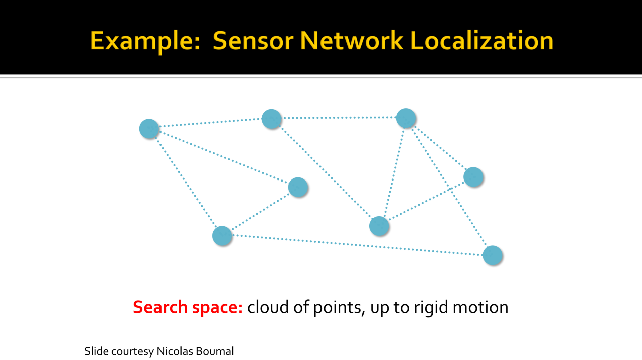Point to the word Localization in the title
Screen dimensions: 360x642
482,40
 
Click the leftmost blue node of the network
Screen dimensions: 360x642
149,129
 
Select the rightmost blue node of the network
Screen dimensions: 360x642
493,255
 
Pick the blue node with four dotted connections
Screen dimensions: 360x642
406,118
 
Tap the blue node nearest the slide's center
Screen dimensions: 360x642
298,187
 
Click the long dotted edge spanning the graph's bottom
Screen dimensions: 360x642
357,245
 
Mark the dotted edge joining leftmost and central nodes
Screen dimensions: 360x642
223,158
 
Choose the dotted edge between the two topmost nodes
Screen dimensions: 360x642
339,118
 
